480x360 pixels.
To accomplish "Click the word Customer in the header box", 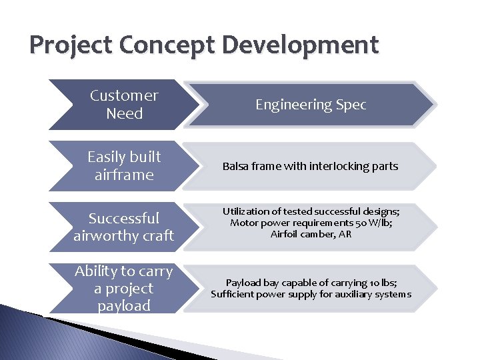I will tap(124, 95).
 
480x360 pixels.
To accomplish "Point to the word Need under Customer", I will tap(124, 113).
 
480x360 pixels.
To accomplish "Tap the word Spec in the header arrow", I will tap(349, 105).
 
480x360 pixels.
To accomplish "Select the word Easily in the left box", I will tap(106, 157).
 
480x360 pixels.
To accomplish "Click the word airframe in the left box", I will tap(124, 175).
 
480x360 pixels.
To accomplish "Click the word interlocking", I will tap(337, 166).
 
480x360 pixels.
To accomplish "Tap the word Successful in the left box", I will tap(124, 218).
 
